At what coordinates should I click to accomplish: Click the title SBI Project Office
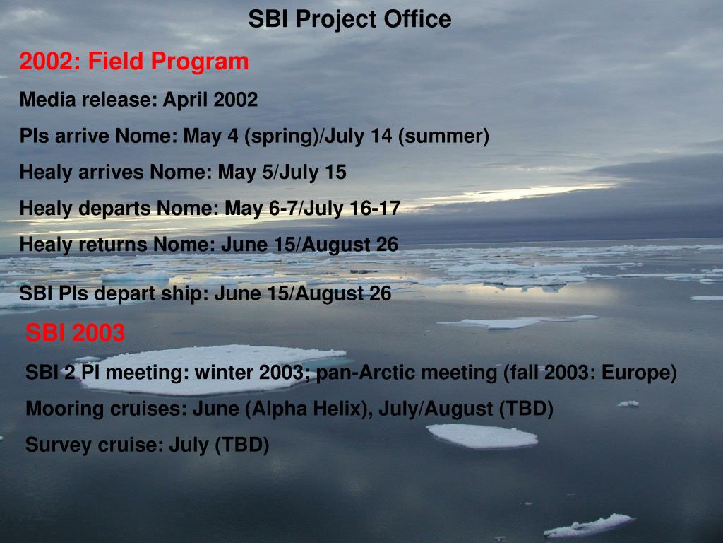349,19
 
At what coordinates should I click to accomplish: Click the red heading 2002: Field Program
134,62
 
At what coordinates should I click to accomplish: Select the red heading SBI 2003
75,332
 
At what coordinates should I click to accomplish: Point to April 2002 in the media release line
210,100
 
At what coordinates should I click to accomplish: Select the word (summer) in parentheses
443,136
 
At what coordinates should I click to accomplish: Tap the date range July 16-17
352,209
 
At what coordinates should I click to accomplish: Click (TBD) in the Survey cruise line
242,445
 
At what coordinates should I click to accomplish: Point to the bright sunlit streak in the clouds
512,194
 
